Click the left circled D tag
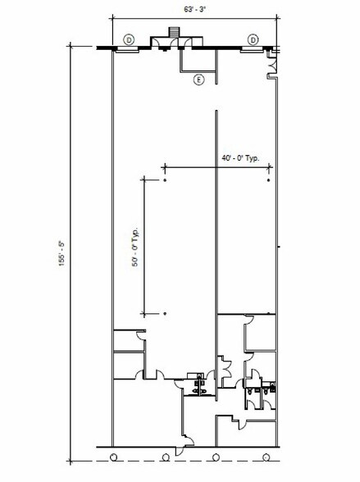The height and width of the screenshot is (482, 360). [128, 39]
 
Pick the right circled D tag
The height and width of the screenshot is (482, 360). [253, 39]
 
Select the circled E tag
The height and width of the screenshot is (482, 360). [198, 80]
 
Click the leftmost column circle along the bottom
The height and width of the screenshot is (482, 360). [114, 456]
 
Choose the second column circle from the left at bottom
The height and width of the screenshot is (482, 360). [166, 456]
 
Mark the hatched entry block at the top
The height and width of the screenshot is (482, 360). [172, 33]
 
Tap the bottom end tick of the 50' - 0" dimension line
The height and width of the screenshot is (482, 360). [145, 314]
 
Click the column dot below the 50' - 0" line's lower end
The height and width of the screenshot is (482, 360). [165, 314]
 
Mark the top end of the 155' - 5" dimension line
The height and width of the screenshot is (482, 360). [72, 47]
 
